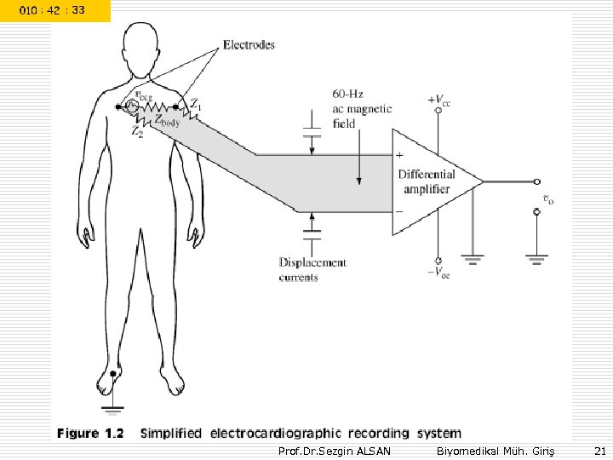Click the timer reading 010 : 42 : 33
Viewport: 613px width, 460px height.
54,10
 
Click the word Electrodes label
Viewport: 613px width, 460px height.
249,44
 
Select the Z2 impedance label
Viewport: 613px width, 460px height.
137,132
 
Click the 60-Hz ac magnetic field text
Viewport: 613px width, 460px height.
362,108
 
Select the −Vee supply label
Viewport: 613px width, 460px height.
438,273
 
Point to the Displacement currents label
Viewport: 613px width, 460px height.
312,269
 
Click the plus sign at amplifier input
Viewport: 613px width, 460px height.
399,156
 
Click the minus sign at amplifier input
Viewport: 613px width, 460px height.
399,209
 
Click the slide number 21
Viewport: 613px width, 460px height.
599,450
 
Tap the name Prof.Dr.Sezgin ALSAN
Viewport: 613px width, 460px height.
335,450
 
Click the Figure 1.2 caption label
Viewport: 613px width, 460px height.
90,433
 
